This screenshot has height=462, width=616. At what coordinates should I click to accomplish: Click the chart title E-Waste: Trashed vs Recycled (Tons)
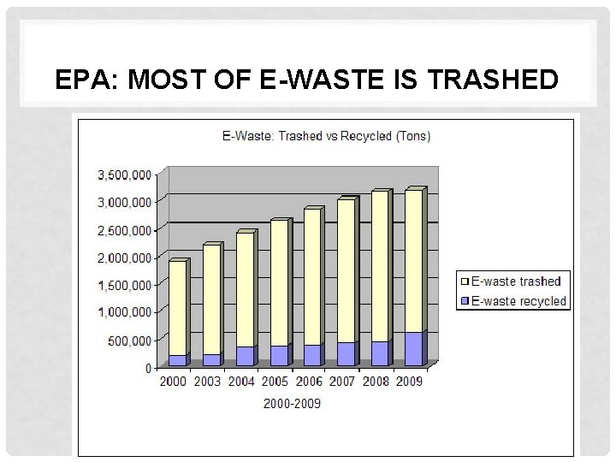click(x=326, y=135)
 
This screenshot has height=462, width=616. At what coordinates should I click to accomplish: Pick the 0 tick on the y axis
click(x=148, y=368)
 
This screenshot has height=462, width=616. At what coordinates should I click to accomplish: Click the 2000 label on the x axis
click(x=175, y=382)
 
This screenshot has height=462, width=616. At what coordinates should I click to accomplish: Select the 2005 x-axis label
click(x=275, y=382)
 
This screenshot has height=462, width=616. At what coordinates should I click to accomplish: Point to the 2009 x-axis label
click(x=409, y=382)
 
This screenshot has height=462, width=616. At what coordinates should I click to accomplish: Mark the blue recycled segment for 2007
click(x=345, y=354)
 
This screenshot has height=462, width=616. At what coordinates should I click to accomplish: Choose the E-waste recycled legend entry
click(x=514, y=301)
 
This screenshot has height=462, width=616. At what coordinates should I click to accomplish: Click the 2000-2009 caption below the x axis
click(x=292, y=402)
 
